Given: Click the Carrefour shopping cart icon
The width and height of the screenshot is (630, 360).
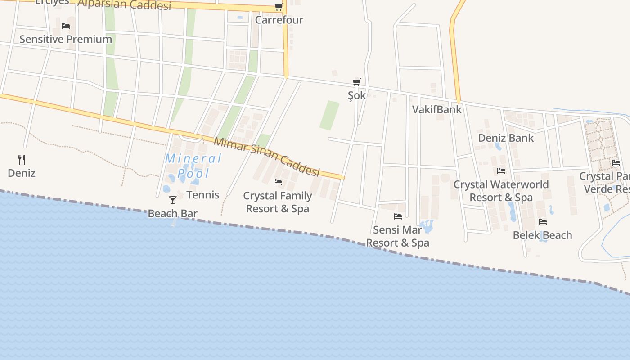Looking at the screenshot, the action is coord(279,7).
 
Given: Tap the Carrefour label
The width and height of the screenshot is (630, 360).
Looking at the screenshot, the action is coord(279,20).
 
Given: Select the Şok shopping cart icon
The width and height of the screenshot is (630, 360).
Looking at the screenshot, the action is coord(357,82).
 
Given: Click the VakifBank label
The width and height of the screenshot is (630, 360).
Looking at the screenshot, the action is coord(437,109).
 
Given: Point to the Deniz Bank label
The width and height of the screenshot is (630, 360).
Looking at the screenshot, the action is coord(506,138).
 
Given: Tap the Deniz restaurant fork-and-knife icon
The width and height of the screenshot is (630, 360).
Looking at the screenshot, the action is coord(21,159).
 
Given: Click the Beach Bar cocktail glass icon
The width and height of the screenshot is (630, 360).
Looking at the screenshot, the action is coord(173,200).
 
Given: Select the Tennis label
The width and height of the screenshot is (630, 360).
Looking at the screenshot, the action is coord(203,195).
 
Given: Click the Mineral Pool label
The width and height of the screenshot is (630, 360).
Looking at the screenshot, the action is coord(193,166).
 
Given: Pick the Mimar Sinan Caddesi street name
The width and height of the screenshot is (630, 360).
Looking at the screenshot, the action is coord(266,157).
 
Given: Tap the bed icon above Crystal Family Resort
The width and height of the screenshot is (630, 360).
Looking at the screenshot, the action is coord(278,182).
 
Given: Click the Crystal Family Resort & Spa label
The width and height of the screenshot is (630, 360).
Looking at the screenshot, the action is coord(278,202).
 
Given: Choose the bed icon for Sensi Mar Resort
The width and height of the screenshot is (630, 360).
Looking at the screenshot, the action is coord(398,216).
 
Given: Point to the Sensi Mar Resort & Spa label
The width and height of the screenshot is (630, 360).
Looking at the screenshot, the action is coord(397,236).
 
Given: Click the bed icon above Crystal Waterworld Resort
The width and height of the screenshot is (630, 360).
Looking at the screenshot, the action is coord(501,171).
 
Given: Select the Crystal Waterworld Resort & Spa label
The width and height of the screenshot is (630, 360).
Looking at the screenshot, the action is coord(501,191).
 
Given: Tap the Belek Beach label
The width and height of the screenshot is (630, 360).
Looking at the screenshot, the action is coord(542,235).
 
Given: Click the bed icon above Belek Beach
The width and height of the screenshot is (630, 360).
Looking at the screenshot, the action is coord(543,222).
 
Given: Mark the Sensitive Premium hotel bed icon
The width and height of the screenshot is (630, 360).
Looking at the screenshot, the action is coord(66,26).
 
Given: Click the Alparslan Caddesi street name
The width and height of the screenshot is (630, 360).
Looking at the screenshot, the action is coord(124,4).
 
